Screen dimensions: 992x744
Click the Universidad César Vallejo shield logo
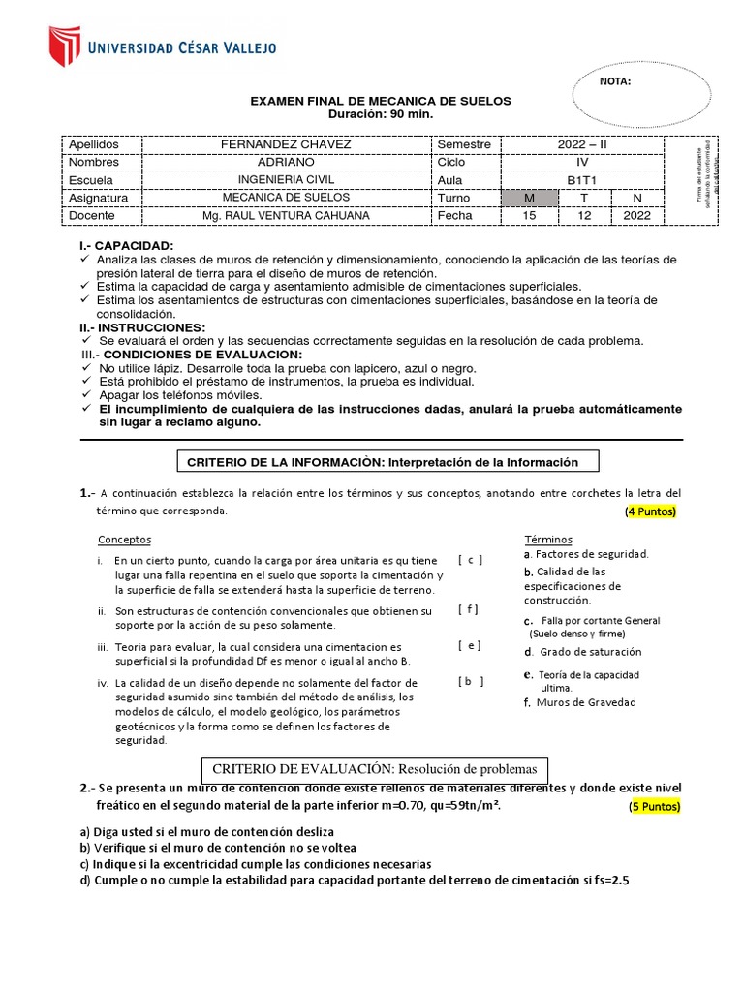[x=64, y=46]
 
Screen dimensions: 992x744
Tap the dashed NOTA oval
[x=634, y=97]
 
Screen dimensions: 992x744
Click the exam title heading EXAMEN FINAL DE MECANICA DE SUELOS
[x=381, y=101]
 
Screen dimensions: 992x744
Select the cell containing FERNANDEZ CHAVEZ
[x=286, y=144]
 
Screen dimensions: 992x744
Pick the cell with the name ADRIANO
[x=286, y=162]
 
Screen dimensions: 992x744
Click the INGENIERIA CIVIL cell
[x=286, y=179]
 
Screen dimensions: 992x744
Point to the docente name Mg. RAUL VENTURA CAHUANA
[x=286, y=215]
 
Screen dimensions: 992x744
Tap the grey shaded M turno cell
[x=529, y=198]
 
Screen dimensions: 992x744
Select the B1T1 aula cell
[x=582, y=179]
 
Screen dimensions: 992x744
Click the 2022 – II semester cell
[x=582, y=144]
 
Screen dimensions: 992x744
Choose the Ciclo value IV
[x=582, y=162]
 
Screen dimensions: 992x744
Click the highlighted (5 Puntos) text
[x=655, y=806]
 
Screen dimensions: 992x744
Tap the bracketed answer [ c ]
[x=470, y=560]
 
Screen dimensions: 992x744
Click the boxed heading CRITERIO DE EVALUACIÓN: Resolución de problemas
[x=374, y=769]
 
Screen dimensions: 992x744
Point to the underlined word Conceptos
[x=124, y=540]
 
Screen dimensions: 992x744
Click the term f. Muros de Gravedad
[x=579, y=702]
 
